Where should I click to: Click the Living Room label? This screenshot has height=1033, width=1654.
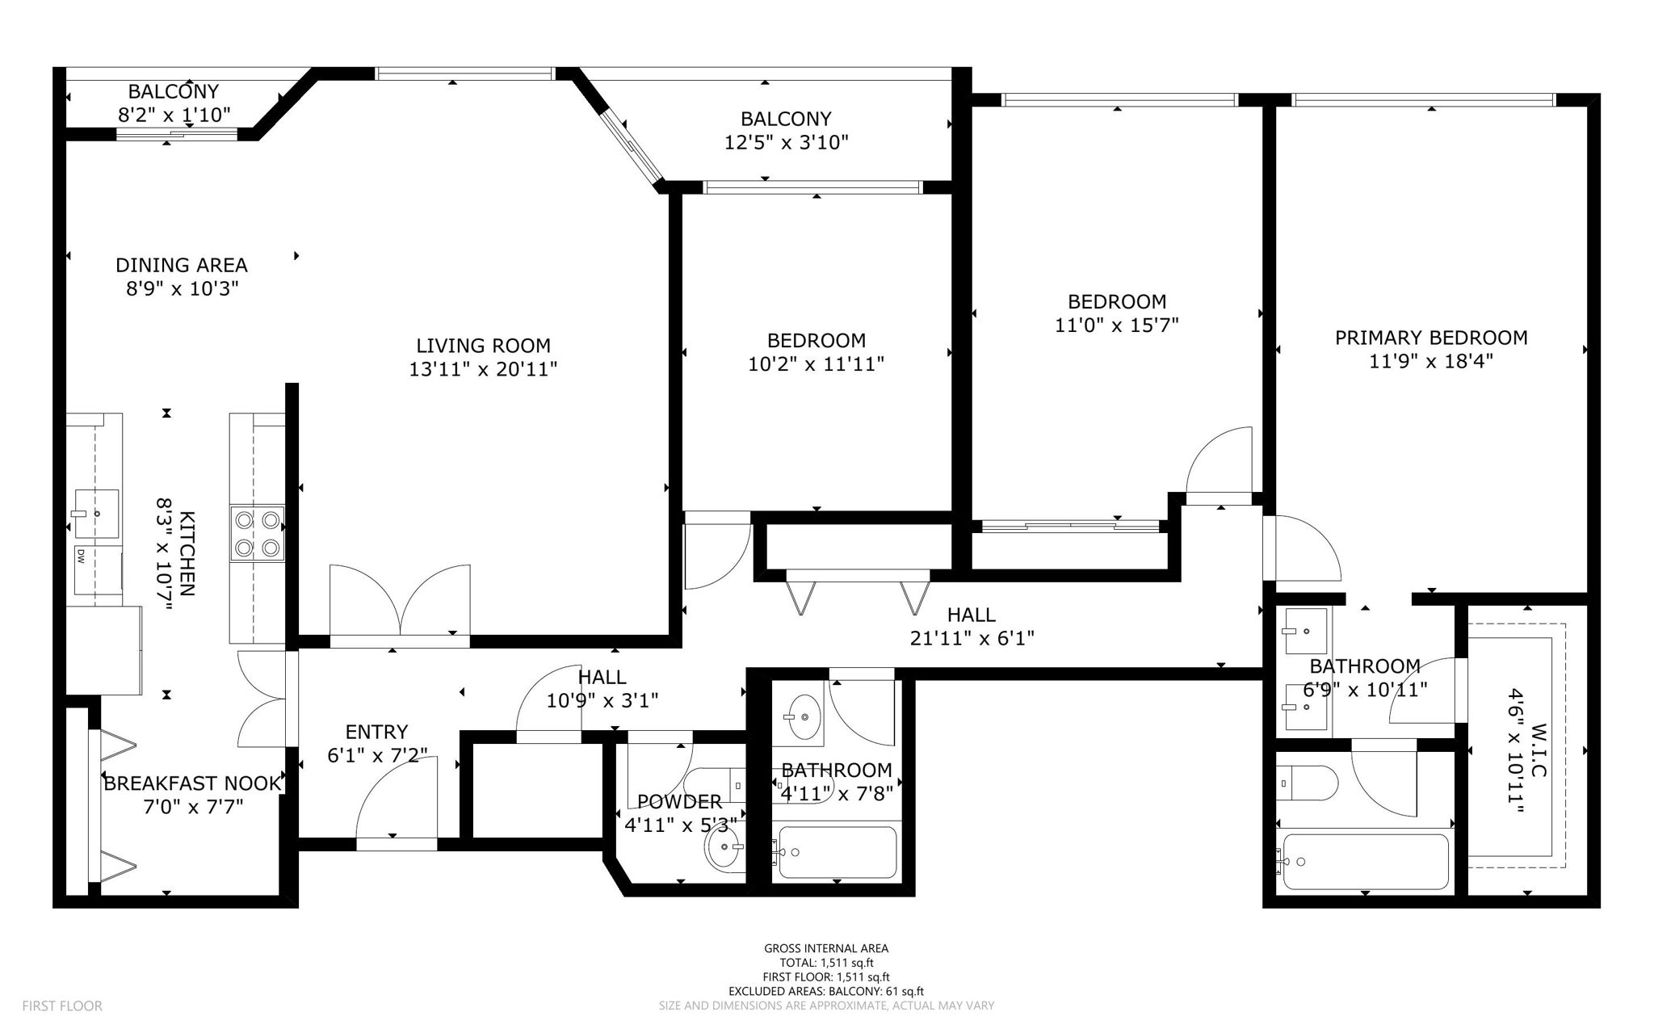(483, 346)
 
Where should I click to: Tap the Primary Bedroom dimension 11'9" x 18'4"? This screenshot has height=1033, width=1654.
(1430, 361)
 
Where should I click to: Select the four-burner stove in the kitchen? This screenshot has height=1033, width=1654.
(258, 533)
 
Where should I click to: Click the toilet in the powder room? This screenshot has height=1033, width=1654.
(715, 783)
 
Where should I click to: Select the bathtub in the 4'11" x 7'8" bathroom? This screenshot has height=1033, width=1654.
(835, 851)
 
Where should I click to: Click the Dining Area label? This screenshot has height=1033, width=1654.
(181, 265)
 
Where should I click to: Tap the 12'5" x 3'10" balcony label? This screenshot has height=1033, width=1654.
(786, 131)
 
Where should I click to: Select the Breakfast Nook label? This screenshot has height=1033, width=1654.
(192, 783)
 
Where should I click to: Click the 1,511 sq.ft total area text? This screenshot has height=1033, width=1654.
(826, 963)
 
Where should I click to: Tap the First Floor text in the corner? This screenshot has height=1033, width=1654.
(62, 1006)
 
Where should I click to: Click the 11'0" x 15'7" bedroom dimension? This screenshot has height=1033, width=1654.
(1117, 325)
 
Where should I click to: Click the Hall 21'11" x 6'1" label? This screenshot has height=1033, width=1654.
(972, 627)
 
